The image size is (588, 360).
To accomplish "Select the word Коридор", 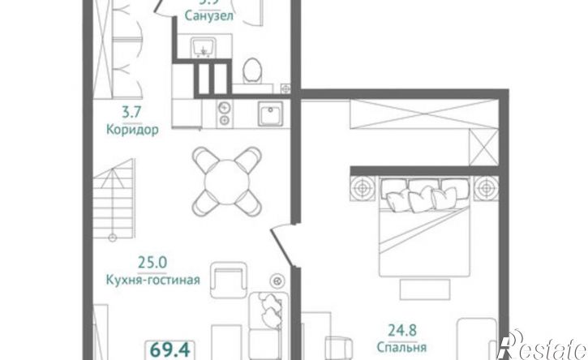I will coord(131,129).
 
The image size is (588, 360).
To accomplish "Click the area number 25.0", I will coord(152,262).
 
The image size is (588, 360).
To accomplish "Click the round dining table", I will coord(227,178).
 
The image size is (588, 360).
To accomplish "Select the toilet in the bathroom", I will coord(252,71).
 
